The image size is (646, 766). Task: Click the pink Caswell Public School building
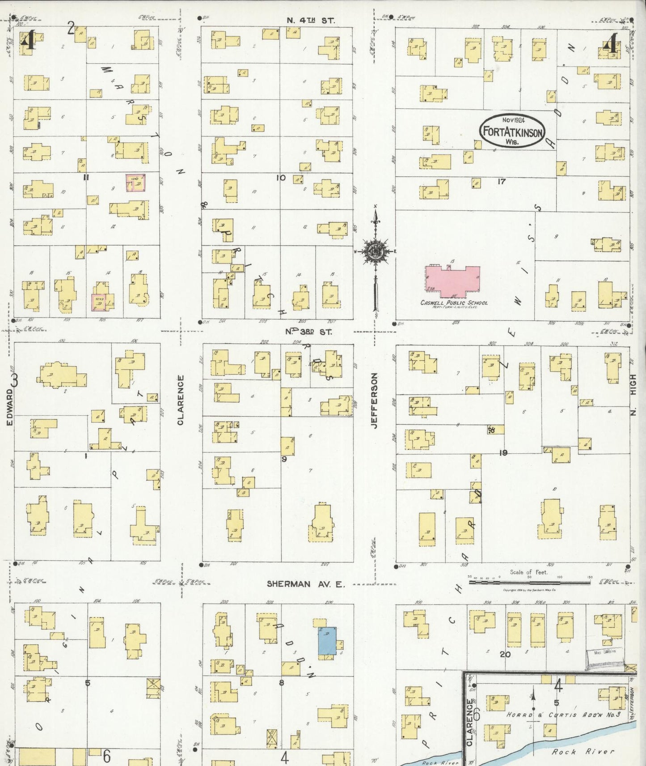[x=452, y=281]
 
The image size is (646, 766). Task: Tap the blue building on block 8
[x=327, y=641]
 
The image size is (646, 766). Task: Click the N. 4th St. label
[x=311, y=20]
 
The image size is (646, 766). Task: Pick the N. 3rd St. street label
[x=309, y=332]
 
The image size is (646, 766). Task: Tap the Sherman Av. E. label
[x=305, y=584]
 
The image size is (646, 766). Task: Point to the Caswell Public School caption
[x=453, y=303]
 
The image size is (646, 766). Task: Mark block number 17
[x=501, y=182]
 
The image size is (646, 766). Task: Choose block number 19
[x=503, y=453]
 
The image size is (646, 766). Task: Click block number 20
[x=505, y=654]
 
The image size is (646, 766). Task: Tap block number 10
[x=280, y=178]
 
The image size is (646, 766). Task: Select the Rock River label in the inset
[x=583, y=752]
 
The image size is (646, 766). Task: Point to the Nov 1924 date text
[x=513, y=120]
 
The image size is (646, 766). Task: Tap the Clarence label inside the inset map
[x=469, y=722]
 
